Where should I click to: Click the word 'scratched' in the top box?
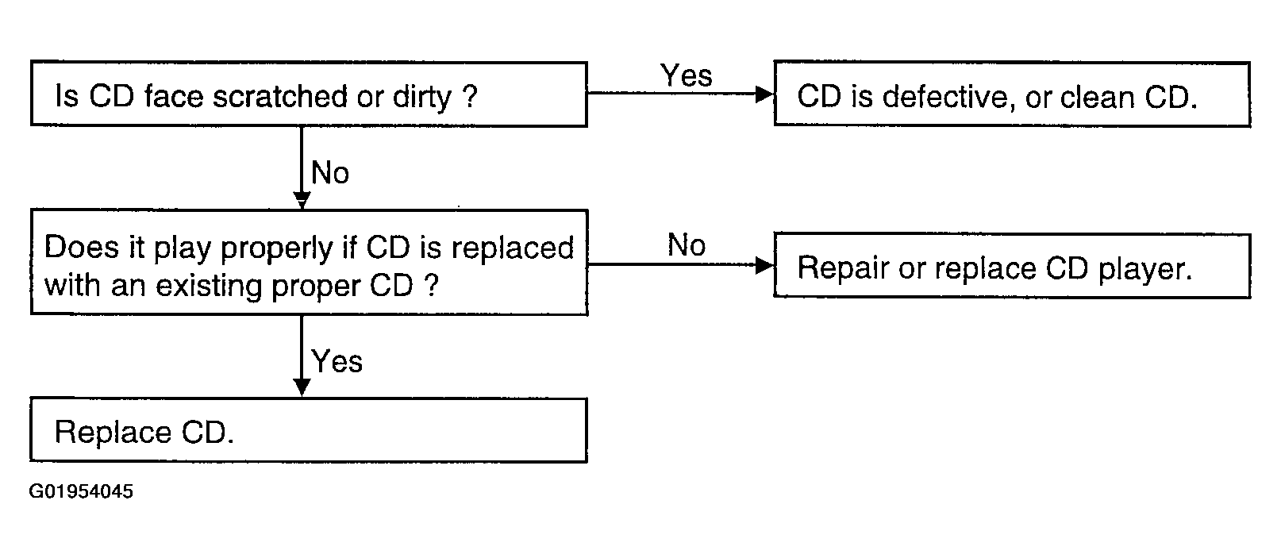coord(279,96)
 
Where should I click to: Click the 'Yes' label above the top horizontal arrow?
coord(687,75)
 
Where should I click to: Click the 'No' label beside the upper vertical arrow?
coord(330,172)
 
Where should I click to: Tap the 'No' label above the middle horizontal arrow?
coord(687,244)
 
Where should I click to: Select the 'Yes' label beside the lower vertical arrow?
coord(337,361)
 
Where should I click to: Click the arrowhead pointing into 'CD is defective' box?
coord(764,94)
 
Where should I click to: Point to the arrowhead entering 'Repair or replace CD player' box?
coord(764,264)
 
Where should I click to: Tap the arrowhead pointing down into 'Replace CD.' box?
coord(302,387)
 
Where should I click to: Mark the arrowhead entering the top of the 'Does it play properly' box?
coord(302,200)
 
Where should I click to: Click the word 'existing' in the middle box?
coord(208,286)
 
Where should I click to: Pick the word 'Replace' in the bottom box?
coord(113,432)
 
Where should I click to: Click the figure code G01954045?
coord(81,491)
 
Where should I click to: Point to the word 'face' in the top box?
coord(174,96)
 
